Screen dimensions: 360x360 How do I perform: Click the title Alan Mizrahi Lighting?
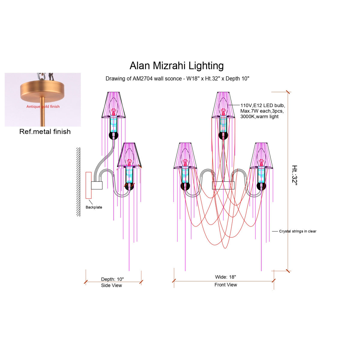click(x=176, y=66)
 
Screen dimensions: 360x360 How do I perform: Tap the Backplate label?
click(x=94, y=207)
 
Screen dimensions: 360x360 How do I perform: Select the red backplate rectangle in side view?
click(x=88, y=185)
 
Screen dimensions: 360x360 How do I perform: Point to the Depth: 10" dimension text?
click(x=112, y=279)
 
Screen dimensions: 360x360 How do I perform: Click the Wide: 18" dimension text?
click(x=226, y=277)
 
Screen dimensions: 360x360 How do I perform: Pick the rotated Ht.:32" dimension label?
click(x=295, y=175)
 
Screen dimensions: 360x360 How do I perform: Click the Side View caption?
click(x=111, y=285)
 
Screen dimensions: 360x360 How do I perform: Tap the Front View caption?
click(x=226, y=285)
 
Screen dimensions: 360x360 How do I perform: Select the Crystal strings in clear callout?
click(x=298, y=231)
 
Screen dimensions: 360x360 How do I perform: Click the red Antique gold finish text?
click(x=43, y=106)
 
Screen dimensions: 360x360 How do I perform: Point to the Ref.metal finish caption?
click(x=45, y=131)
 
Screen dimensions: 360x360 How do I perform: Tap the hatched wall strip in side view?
click(x=78, y=182)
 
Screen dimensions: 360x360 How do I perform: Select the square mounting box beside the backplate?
click(x=97, y=185)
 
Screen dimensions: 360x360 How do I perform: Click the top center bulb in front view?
click(x=223, y=106)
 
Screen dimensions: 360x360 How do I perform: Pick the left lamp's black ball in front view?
click(x=185, y=186)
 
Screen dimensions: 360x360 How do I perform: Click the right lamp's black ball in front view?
click(x=261, y=186)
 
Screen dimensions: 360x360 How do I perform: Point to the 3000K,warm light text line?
click(x=259, y=117)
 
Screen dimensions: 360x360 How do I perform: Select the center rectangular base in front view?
click(x=223, y=185)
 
